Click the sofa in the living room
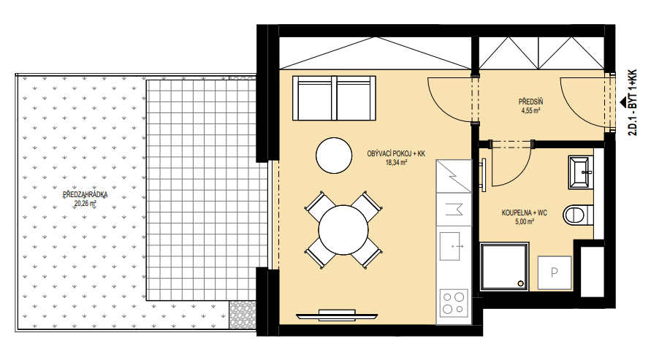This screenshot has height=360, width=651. click(x=334, y=98)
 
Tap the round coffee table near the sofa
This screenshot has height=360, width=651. click(x=334, y=156)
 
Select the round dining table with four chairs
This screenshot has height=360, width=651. click(x=343, y=230)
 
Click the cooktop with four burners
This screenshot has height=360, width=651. click(x=454, y=303)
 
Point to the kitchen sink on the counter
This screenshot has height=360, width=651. click(x=452, y=246)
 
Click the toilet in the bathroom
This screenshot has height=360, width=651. click(x=579, y=215)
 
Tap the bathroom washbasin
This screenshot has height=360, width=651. click(x=581, y=172)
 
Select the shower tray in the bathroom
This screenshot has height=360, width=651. click(x=504, y=267)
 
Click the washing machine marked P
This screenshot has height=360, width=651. click(x=555, y=272)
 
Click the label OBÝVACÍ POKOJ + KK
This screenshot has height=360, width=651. click(x=396, y=154)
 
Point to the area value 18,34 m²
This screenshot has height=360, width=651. click(x=396, y=163)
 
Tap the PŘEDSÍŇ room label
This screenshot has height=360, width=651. click(x=530, y=102)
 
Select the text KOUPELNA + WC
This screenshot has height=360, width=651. click(x=525, y=212)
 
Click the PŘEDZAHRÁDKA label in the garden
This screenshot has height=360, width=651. click(x=85, y=194)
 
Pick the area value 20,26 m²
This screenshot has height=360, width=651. click(x=85, y=204)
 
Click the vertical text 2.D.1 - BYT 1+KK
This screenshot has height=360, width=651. click(x=632, y=102)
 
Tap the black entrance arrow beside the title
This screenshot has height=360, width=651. click(x=623, y=102)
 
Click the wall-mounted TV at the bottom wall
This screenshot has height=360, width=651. click(x=337, y=315)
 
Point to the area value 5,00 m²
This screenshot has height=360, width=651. click(x=525, y=222)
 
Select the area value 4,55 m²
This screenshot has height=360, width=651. click(x=530, y=111)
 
